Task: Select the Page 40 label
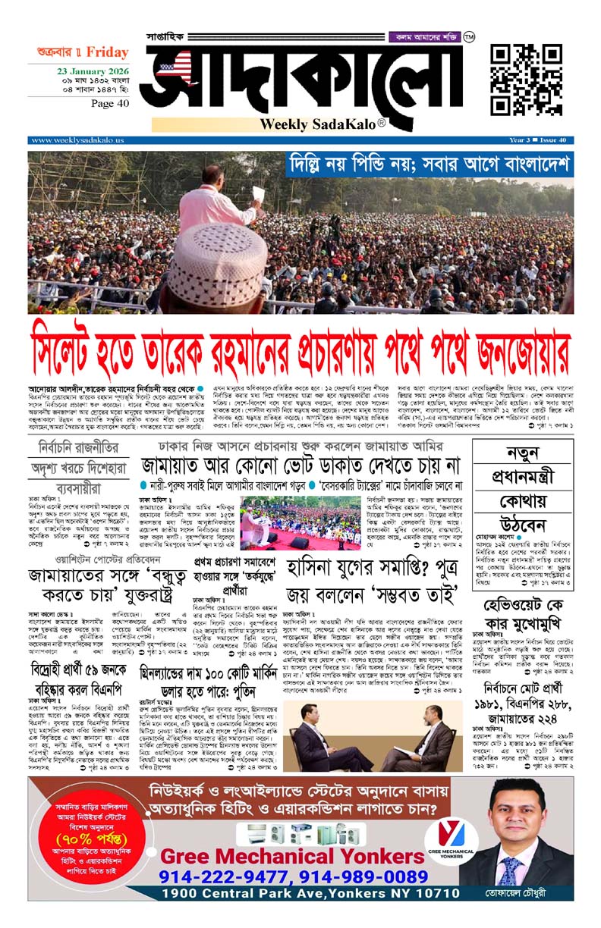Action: point(109,104)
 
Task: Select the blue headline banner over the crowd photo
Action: point(430,165)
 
